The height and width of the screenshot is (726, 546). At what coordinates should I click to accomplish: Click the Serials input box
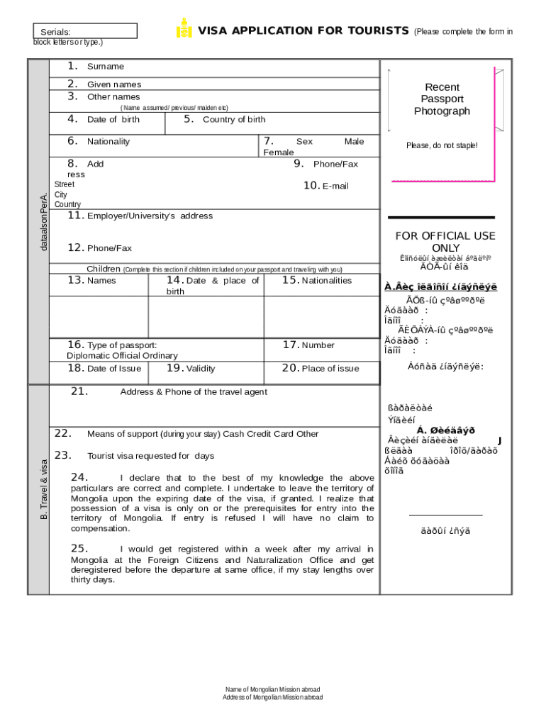coord(86,31)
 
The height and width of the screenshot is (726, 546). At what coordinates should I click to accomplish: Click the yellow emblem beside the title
coord(184,29)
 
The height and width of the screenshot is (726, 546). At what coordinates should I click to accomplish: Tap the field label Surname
coord(105,67)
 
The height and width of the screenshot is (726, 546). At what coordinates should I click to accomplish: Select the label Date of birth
coord(113,119)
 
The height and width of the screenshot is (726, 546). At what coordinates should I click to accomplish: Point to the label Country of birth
coord(234,119)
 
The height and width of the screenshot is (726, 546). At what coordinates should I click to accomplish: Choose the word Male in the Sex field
coord(354,142)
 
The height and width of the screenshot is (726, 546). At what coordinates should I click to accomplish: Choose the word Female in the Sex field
coord(278,152)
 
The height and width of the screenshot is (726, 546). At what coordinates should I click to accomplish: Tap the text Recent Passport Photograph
coord(442,99)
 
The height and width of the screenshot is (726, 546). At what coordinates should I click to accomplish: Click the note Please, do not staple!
coord(442,145)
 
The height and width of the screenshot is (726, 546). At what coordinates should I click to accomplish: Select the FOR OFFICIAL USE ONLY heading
coord(445,242)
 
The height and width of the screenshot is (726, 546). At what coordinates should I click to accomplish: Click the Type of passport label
coord(121,345)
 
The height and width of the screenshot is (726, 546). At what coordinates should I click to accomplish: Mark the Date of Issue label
coord(113,369)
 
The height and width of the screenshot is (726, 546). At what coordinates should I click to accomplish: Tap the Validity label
coord(200,369)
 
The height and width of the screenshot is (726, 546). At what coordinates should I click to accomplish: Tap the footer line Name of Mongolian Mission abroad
coord(272,689)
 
